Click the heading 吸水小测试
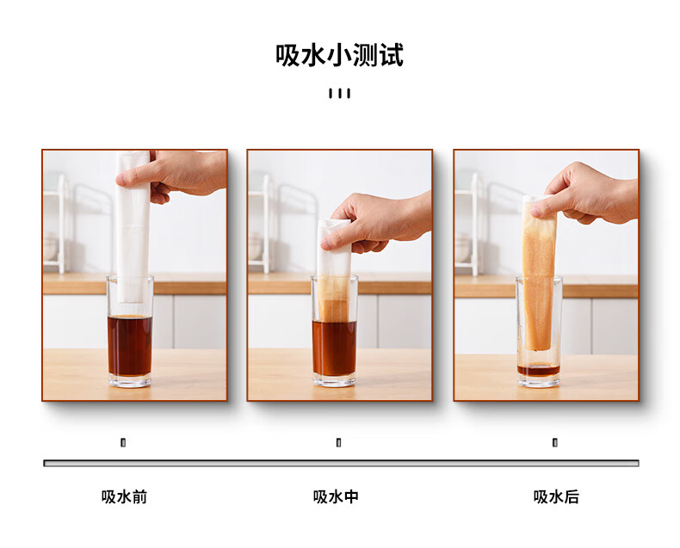339,55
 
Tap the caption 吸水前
125,497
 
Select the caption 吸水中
336,497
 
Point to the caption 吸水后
556,497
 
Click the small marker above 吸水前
123,443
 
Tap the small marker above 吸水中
338,443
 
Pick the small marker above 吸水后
554,443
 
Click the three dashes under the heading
339,93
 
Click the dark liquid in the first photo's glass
130,346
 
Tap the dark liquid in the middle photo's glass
334,348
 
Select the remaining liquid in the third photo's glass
539,370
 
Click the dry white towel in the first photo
133,225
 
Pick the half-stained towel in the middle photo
333,271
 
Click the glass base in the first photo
130,381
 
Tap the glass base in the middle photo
334,381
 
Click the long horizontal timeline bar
341,463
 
